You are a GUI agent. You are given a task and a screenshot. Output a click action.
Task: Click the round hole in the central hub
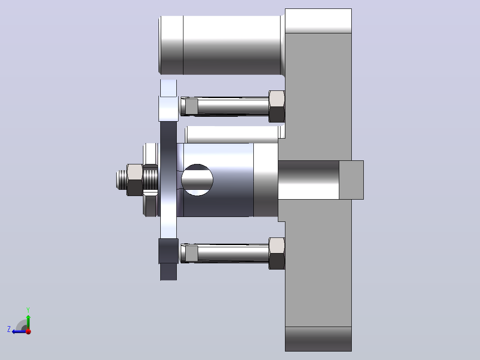(197, 180)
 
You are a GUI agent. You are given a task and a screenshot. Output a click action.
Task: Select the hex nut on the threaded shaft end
(134, 180)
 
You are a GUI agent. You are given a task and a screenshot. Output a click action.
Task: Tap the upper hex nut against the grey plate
(277, 106)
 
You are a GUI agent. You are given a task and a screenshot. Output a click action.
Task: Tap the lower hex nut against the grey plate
(277, 254)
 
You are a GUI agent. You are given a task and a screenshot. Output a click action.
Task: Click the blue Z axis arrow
(20, 331)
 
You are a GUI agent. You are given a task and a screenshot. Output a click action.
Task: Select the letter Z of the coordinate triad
(9, 329)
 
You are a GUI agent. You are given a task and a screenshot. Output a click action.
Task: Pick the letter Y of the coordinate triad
(28, 310)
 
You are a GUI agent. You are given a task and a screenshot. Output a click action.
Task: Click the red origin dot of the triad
(28, 331)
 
